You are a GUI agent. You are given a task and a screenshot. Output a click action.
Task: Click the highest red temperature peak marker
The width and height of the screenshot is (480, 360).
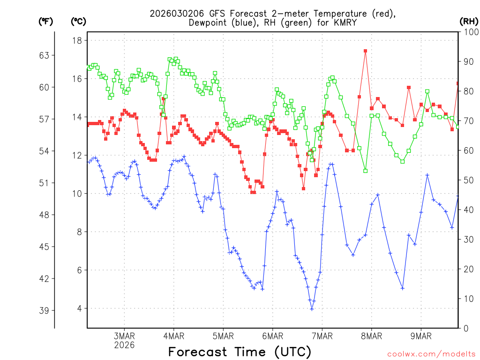[x=365, y=51]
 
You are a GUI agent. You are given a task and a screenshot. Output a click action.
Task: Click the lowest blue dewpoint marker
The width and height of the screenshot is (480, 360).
[x=312, y=308]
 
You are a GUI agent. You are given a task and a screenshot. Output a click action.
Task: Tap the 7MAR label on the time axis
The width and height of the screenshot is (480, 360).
[x=322, y=336]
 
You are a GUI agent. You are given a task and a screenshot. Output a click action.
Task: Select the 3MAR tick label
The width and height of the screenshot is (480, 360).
[x=124, y=336]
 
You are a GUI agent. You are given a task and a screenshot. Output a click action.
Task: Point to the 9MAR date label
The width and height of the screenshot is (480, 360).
[x=421, y=336]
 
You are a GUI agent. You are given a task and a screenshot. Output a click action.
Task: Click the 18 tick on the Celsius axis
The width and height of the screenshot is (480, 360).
[x=77, y=40]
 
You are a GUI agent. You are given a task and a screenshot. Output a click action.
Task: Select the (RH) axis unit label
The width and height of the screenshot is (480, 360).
[x=469, y=21]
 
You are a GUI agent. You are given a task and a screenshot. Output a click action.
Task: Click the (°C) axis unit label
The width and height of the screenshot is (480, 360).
[x=79, y=21]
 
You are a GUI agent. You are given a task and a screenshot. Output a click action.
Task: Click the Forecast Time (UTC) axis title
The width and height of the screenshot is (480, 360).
[x=240, y=352]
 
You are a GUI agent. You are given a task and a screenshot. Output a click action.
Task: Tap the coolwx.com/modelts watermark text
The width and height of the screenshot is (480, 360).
[x=431, y=354]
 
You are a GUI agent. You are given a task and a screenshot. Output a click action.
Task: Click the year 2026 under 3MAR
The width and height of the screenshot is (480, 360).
[x=124, y=345]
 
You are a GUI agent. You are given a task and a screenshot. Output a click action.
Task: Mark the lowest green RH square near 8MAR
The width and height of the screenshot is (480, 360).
[x=365, y=171]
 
